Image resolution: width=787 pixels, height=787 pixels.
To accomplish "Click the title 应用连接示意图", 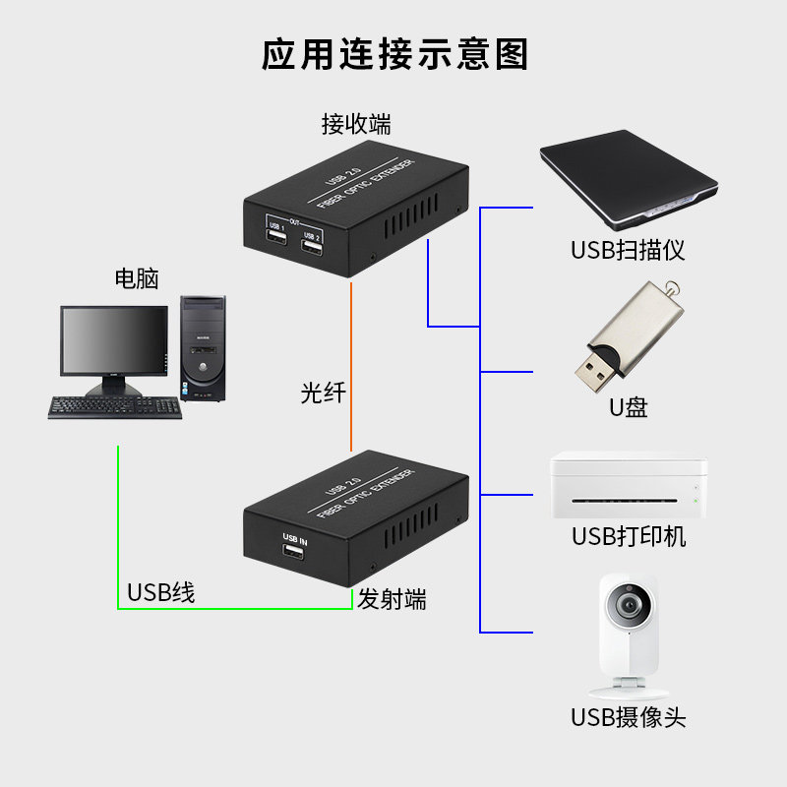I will (x=394, y=53).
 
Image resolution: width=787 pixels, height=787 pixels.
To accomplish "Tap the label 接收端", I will (x=356, y=125).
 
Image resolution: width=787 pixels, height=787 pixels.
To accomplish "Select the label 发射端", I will (x=392, y=599).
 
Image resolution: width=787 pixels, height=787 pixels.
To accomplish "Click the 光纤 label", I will (x=323, y=393).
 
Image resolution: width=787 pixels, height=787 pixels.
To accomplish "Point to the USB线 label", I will (x=161, y=593).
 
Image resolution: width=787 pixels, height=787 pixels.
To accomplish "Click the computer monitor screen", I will (x=113, y=339).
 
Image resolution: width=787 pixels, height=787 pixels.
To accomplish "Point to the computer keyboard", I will (x=115, y=406).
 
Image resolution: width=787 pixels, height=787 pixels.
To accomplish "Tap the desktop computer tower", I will (x=204, y=348).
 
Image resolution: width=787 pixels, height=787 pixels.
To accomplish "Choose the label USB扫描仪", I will (x=628, y=250).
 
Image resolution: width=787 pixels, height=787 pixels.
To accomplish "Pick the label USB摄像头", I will (x=628, y=717).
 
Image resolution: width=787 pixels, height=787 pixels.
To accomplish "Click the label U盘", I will (x=628, y=407).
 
